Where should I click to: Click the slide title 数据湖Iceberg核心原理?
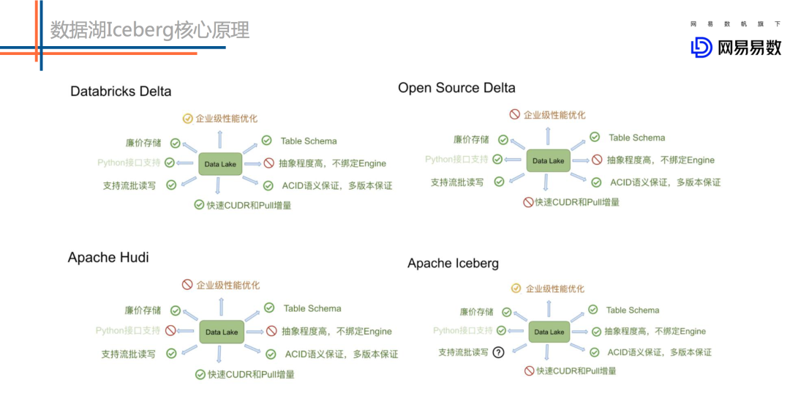[150, 30]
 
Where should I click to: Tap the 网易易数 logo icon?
[701, 48]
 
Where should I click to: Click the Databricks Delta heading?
[121, 92]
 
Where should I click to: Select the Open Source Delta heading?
[456, 88]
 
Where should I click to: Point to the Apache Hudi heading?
[108, 258]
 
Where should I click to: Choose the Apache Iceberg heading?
[453, 264]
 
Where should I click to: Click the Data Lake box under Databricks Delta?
[220, 164]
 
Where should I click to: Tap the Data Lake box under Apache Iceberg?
[549, 332]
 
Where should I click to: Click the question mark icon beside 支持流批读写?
[499, 352]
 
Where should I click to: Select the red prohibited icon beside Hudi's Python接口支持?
[170, 331]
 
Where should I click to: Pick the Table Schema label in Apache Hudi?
[312, 308]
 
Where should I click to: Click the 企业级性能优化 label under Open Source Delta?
[554, 115]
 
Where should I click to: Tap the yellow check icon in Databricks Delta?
[188, 118]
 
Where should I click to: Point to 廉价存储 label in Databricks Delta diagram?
[143, 144]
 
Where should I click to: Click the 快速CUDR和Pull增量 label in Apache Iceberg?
[576, 371]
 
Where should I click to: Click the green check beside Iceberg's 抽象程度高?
[595, 331]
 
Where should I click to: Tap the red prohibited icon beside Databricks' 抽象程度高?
[269, 163]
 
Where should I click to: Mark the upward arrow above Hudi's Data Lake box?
[221, 306]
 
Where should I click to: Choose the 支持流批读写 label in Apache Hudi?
[129, 354]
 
